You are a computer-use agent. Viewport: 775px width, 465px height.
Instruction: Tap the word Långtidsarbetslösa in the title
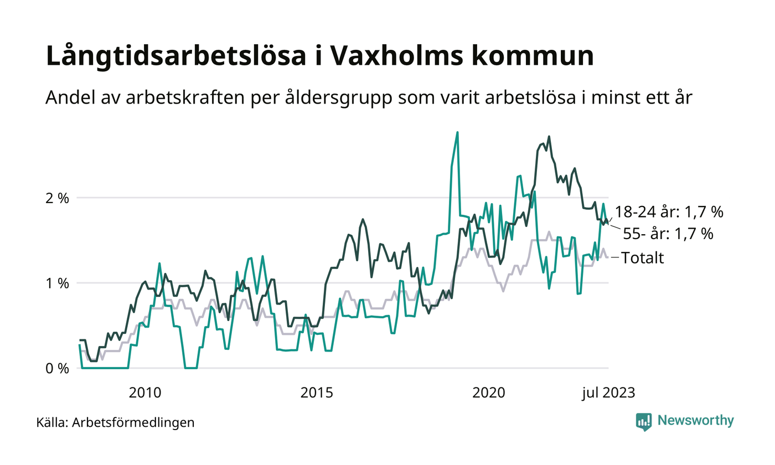point(182,58)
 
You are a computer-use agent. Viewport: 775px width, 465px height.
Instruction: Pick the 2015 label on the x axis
point(317,393)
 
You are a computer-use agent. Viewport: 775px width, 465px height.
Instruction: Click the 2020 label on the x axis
point(489,393)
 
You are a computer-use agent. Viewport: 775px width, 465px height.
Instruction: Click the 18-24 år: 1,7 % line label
point(669,212)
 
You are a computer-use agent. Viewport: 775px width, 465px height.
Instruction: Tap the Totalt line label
point(643,257)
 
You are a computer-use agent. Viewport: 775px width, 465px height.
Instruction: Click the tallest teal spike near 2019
point(457,132)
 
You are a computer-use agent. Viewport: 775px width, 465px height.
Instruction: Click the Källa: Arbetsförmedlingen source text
point(115,423)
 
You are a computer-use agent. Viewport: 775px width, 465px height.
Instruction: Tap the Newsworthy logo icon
point(644,421)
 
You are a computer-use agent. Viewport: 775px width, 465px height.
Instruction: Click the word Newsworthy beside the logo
point(696,421)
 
